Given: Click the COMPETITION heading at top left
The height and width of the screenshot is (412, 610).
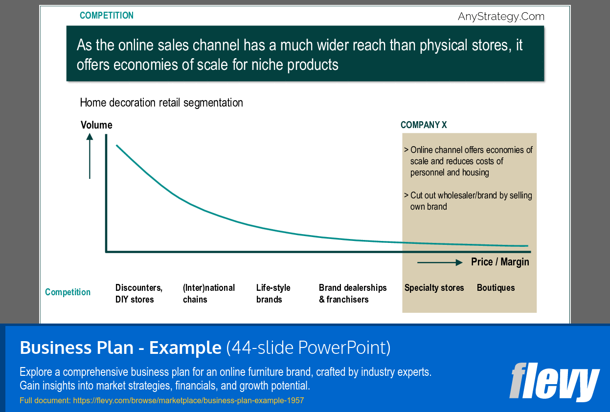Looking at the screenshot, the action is [x=106, y=16].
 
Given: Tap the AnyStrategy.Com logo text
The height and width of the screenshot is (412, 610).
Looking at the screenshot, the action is [x=501, y=17].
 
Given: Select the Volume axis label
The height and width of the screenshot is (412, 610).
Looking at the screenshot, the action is [x=96, y=125].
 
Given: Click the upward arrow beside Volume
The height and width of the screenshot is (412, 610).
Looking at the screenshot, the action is [x=90, y=156].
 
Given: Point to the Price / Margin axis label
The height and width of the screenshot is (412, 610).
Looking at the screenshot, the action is [x=500, y=262].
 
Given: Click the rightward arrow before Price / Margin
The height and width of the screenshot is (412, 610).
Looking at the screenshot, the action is [x=439, y=262].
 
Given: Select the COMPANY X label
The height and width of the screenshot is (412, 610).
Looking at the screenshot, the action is [x=423, y=125].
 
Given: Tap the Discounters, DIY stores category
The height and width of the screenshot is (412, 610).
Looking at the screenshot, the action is [x=138, y=294].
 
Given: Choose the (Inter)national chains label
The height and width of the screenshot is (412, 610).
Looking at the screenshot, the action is [x=208, y=294].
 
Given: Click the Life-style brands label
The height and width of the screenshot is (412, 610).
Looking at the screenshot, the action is [x=273, y=294].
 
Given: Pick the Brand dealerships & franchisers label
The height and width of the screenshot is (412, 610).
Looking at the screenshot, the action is [x=352, y=294].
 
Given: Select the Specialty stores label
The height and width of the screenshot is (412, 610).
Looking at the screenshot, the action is [x=434, y=288].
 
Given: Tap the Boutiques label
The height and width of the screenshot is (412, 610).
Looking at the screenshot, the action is [x=496, y=288].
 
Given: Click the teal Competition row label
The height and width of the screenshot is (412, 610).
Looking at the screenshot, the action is [x=68, y=292].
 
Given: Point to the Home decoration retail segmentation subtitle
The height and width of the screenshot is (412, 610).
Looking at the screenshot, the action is [x=161, y=103].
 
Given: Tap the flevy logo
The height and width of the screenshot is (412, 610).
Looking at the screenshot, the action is [x=554, y=382].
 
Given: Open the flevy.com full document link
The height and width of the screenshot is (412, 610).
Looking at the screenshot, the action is [x=188, y=401].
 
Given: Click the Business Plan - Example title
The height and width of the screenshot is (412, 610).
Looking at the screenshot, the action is [x=120, y=348].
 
